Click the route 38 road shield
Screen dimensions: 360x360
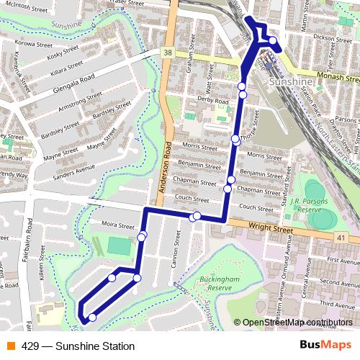point(167,53)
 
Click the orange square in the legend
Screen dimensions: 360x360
point(11,346)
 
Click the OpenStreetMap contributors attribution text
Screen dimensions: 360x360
point(297,323)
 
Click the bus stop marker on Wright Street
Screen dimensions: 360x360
point(196,216)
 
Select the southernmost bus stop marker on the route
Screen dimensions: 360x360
point(92,317)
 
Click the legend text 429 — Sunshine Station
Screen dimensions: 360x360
point(78,346)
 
